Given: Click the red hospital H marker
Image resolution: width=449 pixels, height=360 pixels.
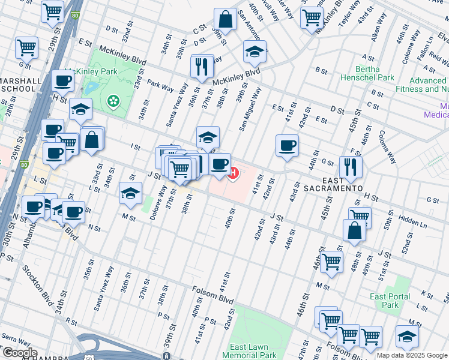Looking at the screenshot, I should click(x=232, y=174).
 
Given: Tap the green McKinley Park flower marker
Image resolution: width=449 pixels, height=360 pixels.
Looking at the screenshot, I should click(x=112, y=101).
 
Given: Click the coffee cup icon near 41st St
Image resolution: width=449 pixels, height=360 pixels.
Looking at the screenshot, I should click(x=287, y=145).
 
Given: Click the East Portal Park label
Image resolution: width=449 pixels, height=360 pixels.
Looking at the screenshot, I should click(x=390, y=301).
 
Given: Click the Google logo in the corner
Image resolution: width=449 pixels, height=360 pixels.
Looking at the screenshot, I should click(x=20, y=353).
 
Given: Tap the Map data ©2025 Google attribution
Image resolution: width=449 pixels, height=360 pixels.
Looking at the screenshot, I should click(x=412, y=355).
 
